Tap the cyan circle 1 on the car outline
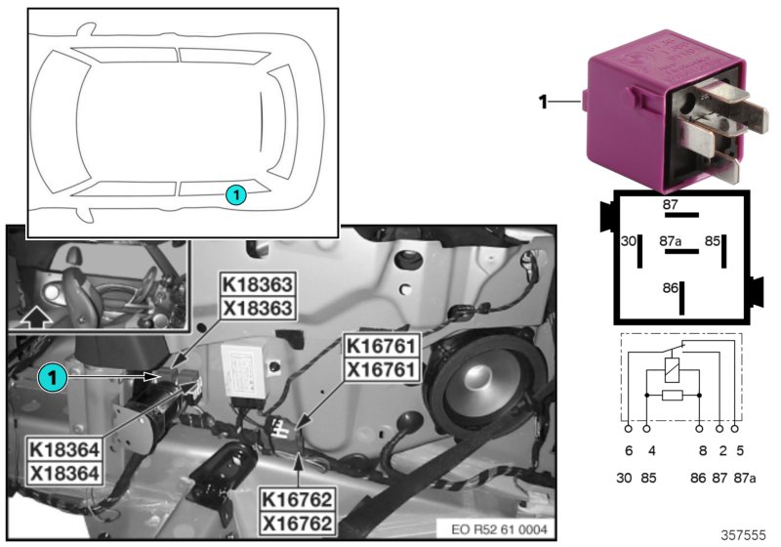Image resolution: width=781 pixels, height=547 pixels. [x=236, y=195]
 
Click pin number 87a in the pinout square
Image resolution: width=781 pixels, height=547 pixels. [x=671, y=239]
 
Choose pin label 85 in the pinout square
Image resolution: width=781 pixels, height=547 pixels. [x=713, y=239]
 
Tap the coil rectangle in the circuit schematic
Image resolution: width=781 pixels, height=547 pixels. [x=671, y=370]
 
